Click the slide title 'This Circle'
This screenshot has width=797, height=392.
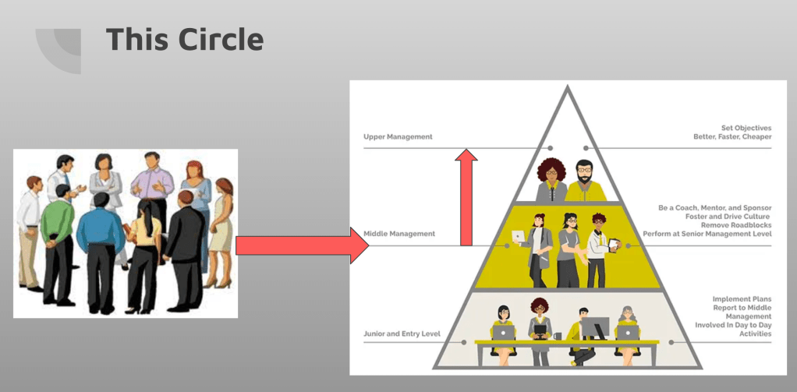(x=185, y=39)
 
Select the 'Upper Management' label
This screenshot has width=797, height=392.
(x=398, y=136)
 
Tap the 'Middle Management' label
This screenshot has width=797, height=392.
(x=398, y=233)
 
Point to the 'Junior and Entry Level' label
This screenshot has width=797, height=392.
(x=402, y=334)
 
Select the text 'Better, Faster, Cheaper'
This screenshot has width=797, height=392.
(x=732, y=136)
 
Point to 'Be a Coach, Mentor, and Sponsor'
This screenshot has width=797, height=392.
(x=714, y=208)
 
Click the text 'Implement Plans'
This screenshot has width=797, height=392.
(x=742, y=299)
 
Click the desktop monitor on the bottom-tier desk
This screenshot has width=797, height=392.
(x=596, y=327)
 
